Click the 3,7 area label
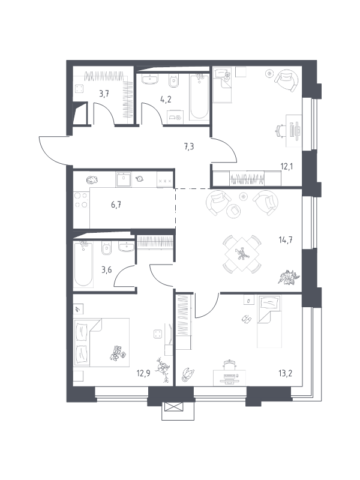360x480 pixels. click(x=104, y=94)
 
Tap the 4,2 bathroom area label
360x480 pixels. click(x=166, y=100)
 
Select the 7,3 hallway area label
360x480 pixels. click(x=188, y=146)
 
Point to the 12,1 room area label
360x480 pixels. click(x=286, y=167)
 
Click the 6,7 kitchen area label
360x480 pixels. click(x=116, y=205)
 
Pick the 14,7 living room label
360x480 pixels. click(x=286, y=239)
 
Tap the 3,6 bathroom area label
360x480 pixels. click(x=106, y=271)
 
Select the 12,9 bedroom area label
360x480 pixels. click(x=143, y=373)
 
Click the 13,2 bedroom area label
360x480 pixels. click(x=286, y=373)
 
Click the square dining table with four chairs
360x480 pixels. click(x=242, y=254)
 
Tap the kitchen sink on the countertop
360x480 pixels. click(x=124, y=179)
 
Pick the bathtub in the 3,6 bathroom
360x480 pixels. click(x=83, y=264)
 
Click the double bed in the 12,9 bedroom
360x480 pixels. click(x=101, y=342)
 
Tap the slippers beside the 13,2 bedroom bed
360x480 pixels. click(x=246, y=319)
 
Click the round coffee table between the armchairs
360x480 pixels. click(x=234, y=211)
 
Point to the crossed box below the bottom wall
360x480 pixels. click(x=173, y=407)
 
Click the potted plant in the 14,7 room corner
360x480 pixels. click(x=289, y=277)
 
